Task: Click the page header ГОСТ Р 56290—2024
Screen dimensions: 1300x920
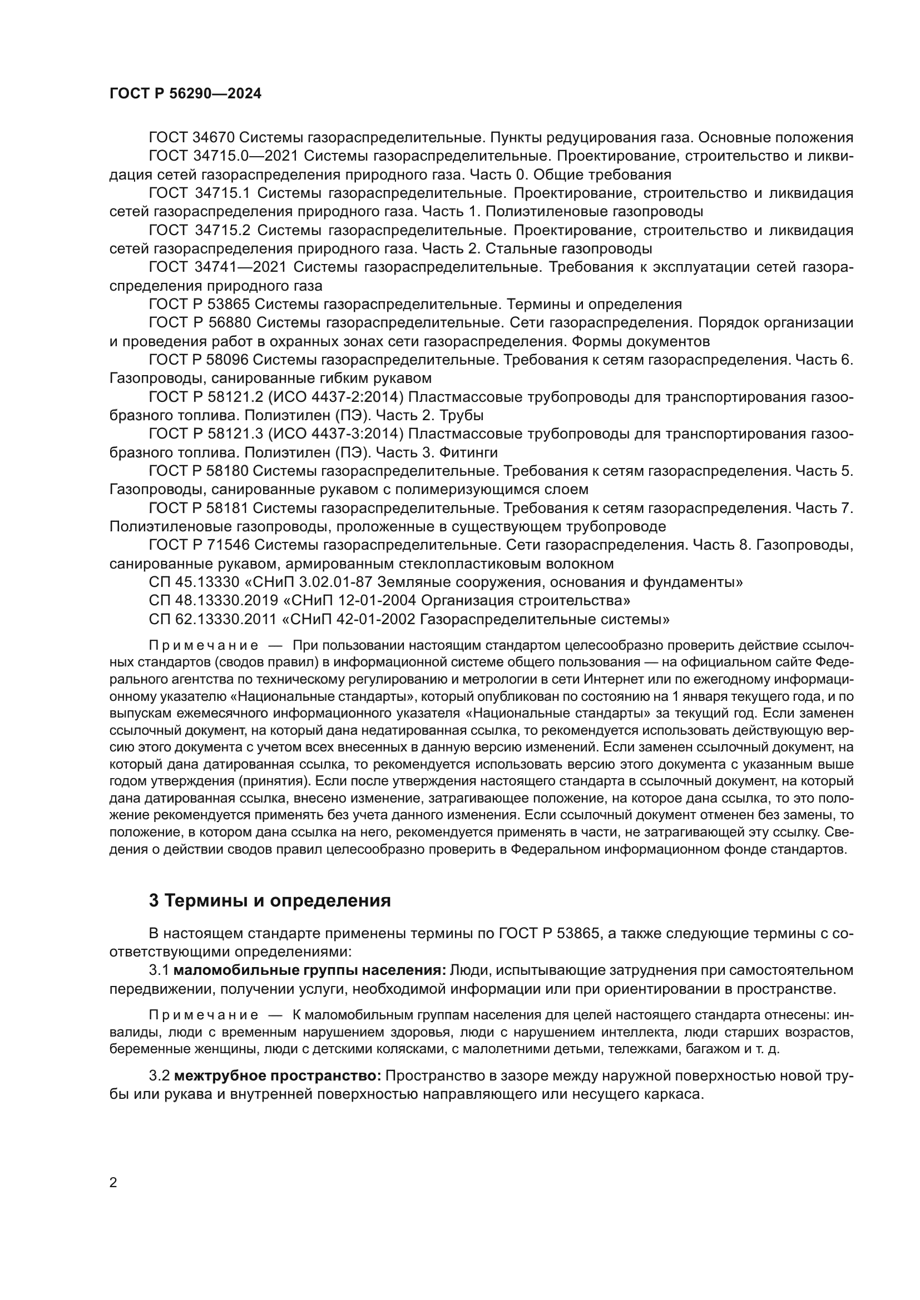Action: point(185,94)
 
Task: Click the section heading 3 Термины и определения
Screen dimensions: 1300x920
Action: point(270,900)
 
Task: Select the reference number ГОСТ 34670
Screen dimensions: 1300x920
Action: point(191,138)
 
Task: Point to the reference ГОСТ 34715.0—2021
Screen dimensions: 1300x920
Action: point(217,156)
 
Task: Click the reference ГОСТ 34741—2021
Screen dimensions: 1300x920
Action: point(217,267)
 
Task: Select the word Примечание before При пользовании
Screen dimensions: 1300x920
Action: point(204,646)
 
